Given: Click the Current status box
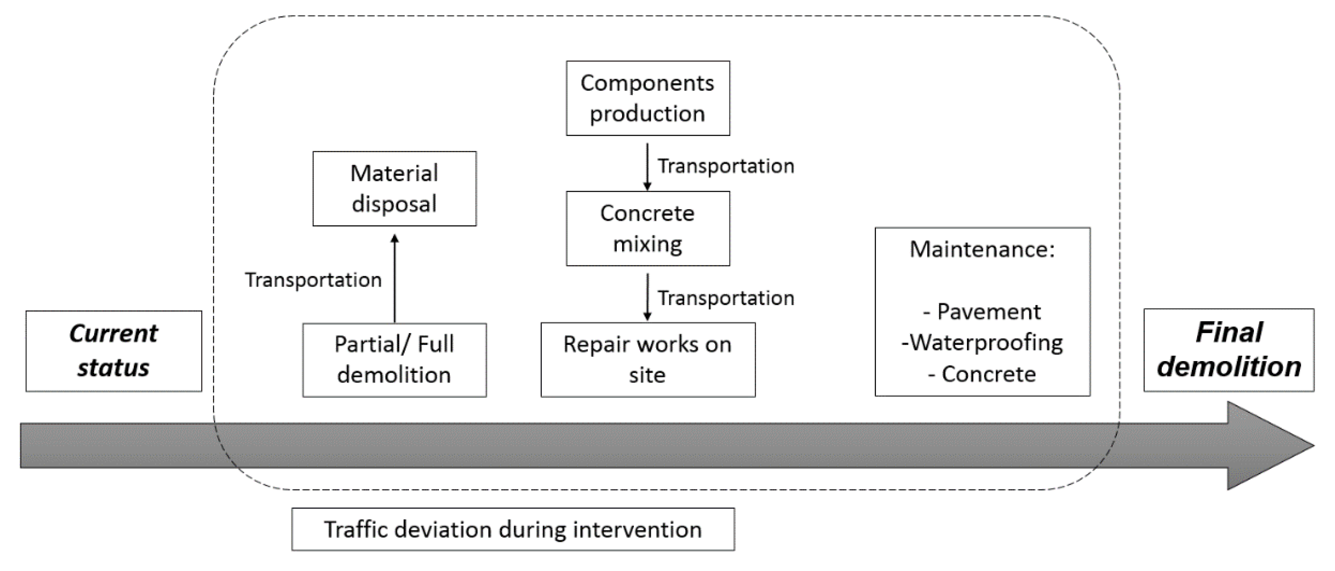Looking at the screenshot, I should point(113,351).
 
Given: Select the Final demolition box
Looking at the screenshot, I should point(1229,350).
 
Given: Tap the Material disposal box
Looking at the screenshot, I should point(394,189).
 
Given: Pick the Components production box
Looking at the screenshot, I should point(648,98).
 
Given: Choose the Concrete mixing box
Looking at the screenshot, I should point(648,228).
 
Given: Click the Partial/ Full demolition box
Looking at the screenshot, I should point(394,360).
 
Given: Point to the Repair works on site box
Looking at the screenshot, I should point(648,360).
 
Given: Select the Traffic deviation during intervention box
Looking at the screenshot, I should point(513,529).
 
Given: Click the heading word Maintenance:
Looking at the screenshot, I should point(982,250).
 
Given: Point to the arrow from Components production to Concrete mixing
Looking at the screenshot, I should point(647,166).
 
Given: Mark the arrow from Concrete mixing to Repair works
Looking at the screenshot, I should point(647,297).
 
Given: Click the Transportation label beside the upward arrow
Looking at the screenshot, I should point(313,280).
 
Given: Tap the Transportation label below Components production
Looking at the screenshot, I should point(726,166).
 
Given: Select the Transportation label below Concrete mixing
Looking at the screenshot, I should point(726,298).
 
